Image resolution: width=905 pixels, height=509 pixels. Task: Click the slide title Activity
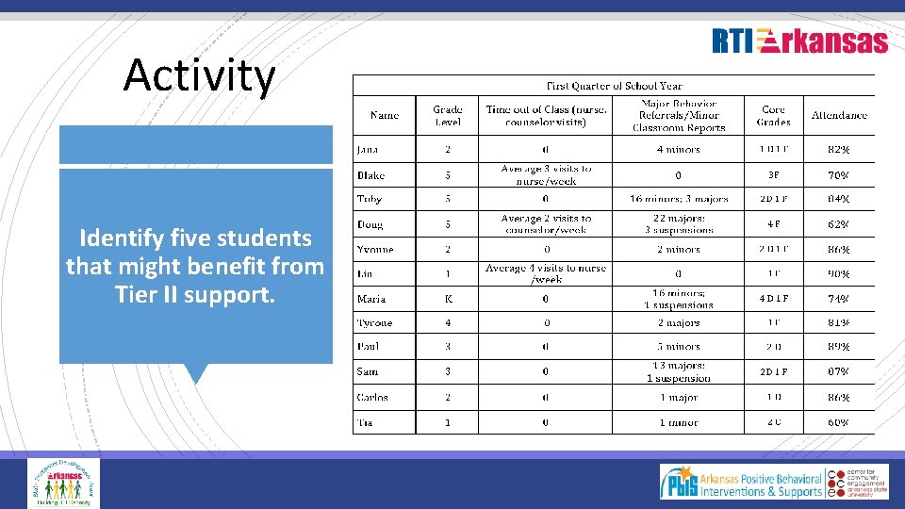(199, 76)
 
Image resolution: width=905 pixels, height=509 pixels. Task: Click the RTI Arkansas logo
(799, 41)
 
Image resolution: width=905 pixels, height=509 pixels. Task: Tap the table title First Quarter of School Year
(613, 86)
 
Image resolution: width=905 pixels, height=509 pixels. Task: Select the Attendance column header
(839, 116)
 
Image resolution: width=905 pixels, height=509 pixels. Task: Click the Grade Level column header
(447, 116)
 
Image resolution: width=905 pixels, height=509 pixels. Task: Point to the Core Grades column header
(773, 116)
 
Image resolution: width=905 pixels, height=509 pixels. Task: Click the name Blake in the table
(370, 175)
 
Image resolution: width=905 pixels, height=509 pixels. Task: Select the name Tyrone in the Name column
(374, 322)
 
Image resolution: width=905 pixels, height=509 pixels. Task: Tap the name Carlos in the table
(372, 397)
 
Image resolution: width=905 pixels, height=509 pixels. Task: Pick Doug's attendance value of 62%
(839, 224)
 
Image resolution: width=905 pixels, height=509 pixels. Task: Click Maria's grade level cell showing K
(447, 299)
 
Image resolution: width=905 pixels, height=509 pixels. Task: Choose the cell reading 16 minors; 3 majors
(679, 199)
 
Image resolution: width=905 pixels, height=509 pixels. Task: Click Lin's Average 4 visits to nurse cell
(546, 273)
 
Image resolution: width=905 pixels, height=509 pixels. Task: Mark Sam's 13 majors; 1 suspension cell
(679, 371)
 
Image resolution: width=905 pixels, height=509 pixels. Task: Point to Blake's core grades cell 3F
(773, 175)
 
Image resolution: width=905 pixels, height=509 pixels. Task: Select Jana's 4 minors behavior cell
(679, 149)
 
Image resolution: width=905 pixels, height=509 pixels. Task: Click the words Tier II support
(195, 295)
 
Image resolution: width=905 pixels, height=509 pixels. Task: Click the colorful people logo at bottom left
(63, 483)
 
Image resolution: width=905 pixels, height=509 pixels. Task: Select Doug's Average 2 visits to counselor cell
(546, 224)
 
